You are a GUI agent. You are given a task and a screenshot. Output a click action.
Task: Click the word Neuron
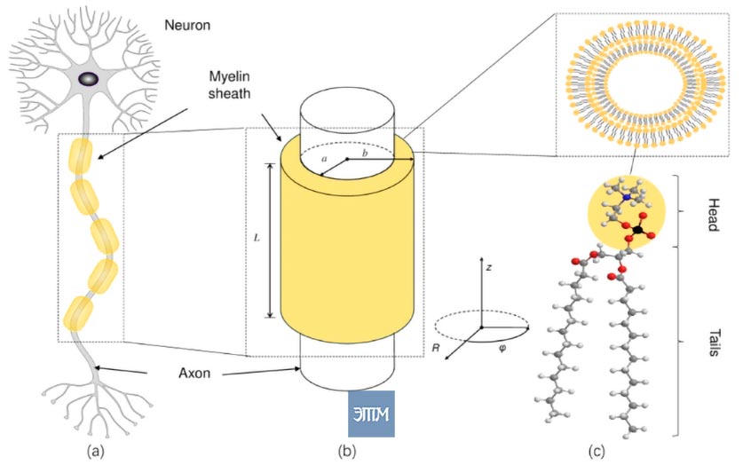[187, 25]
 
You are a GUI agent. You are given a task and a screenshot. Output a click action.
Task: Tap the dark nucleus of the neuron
[89, 79]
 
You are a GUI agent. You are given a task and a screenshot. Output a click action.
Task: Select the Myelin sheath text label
[229, 85]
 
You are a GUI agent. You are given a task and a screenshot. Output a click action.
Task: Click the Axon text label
[194, 373]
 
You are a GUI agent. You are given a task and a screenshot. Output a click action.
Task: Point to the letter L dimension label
[257, 238]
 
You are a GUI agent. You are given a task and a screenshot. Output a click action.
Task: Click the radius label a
[324, 159]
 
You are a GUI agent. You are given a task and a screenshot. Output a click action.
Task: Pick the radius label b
[365, 153]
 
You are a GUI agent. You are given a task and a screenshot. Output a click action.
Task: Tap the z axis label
[489, 267]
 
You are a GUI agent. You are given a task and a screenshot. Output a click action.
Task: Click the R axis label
[436, 348]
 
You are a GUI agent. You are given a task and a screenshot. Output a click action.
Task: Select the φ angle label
[502, 349]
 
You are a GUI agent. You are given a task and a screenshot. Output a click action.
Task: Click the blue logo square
[371, 414]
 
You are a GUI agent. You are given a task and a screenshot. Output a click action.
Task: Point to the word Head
[713, 215]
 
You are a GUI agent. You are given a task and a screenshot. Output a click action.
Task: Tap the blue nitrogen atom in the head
[628, 197]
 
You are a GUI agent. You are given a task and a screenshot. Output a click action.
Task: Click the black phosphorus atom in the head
[638, 229]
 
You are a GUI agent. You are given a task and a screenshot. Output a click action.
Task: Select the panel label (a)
[96, 452]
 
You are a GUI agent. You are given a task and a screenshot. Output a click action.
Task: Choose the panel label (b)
[347, 452]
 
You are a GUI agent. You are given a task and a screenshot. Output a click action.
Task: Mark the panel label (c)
[597, 452]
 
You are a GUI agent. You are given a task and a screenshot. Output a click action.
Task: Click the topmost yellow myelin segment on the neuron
[81, 156]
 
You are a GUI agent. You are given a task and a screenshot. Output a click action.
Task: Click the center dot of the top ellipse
[347, 159]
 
